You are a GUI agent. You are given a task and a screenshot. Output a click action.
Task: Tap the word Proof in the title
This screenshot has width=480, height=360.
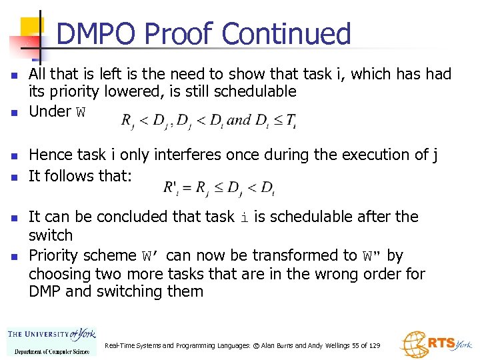[x=177, y=34]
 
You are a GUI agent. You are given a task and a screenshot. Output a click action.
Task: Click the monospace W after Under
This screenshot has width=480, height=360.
[x=81, y=112]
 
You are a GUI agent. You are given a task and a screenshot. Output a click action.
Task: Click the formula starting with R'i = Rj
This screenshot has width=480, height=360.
[x=219, y=187]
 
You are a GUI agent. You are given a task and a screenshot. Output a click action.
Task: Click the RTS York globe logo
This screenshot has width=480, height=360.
[x=435, y=344]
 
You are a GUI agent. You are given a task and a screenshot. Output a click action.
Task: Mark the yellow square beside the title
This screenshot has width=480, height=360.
[x=32, y=28]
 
